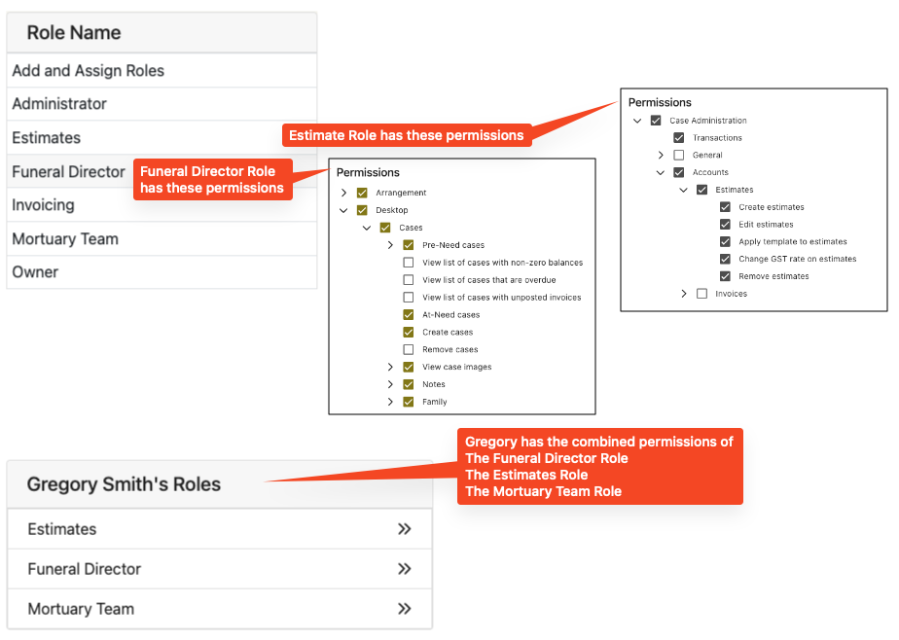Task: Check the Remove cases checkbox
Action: [409, 349]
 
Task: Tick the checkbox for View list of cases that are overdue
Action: [409, 280]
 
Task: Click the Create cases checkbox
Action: [409, 333]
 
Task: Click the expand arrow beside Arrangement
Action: [344, 193]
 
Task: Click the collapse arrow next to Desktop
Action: [343, 210]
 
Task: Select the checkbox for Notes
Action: [409, 384]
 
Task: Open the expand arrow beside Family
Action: [390, 402]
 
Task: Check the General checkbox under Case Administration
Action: [679, 156]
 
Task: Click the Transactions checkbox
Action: [679, 138]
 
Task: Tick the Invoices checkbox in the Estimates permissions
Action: [701, 294]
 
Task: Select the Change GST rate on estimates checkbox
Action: [725, 259]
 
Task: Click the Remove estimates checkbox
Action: [725, 276]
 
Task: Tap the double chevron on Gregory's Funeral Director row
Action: [405, 569]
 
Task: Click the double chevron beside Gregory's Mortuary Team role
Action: [405, 609]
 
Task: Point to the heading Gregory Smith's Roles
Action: [124, 484]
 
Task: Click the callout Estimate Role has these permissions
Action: [407, 135]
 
